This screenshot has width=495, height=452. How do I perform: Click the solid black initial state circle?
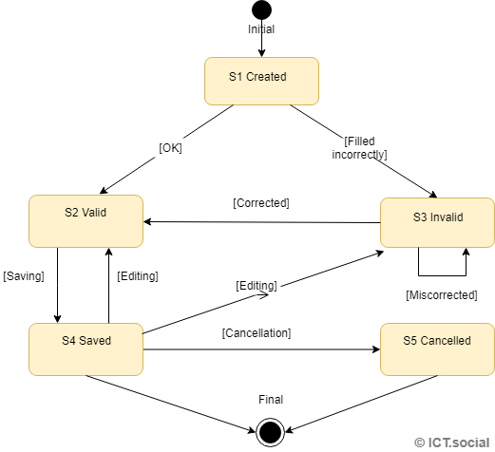pyautogui.click(x=261, y=10)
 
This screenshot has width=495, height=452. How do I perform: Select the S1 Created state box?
pyautogui.click(x=261, y=81)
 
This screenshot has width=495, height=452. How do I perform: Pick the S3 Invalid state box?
pyautogui.click(x=437, y=223)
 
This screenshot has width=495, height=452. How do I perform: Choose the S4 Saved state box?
pyautogui.click(x=86, y=348)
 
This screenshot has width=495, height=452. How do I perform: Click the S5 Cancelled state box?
pyautogui.click(x=437, y=348)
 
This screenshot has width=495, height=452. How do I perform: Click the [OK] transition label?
pyautogui.click(x=170, y=147)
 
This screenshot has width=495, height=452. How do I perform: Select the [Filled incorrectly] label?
pyautogui.click(x=366, y=147)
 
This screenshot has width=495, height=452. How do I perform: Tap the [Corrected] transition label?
pyautogui.click(x=261, y=203)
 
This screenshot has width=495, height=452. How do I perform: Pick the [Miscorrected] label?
pyautogui.click(x=441, y=295)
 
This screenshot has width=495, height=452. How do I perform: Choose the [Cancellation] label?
pyautogui.click(x=257, y=333)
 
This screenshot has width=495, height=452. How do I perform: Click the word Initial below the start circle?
pyautogui.click(x=261, y=29)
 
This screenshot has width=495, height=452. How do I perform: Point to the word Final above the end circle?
pyautogui.click(x=270, y=400)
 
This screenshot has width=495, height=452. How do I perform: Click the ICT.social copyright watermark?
pyautogui.click(x=452, y=442)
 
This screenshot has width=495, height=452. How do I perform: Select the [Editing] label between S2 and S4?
pyautogui.click(x=137, y=276)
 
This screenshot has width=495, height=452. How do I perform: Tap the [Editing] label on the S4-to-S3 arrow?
pyautogui.click(x=257, y=285)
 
